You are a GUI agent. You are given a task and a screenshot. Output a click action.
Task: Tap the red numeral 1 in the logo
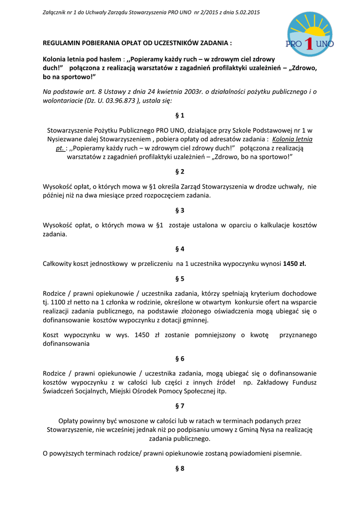pos(309,44)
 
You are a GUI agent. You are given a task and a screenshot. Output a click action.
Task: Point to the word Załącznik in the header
pos(57,12)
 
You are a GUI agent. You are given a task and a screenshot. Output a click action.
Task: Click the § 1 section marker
pos(180,115)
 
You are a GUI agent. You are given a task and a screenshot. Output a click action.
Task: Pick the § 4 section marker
pos(180,249)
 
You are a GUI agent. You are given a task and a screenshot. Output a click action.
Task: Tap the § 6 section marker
pos(180,358)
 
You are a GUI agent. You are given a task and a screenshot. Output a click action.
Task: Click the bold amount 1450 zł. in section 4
pos(294,263)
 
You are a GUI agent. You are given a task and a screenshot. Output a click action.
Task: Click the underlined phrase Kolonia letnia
pos(292,139)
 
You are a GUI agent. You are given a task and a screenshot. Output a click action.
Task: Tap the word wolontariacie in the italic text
pos(64,100)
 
